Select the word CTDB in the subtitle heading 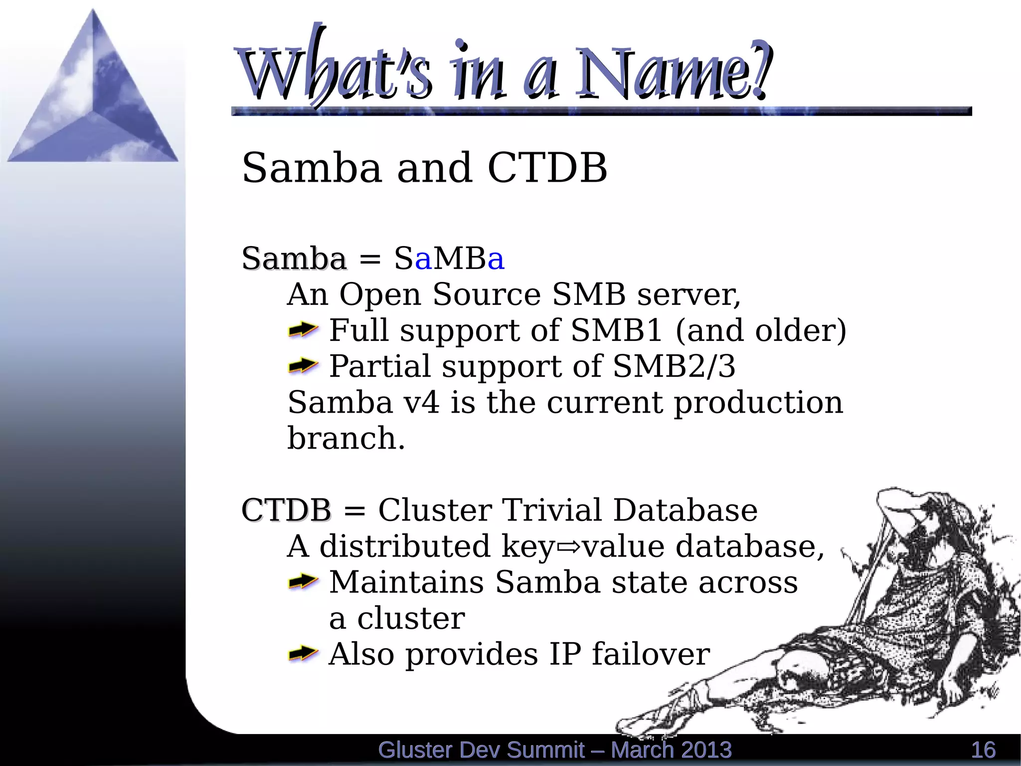547,168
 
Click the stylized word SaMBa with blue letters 449,258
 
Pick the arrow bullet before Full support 303,330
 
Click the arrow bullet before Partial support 303,366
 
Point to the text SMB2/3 674,366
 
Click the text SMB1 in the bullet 616,330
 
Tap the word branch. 346,438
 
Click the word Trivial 552,510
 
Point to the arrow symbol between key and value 569,547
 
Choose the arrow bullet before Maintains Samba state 303,582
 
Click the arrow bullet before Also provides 303,654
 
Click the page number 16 983,750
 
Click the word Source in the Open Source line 487,294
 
